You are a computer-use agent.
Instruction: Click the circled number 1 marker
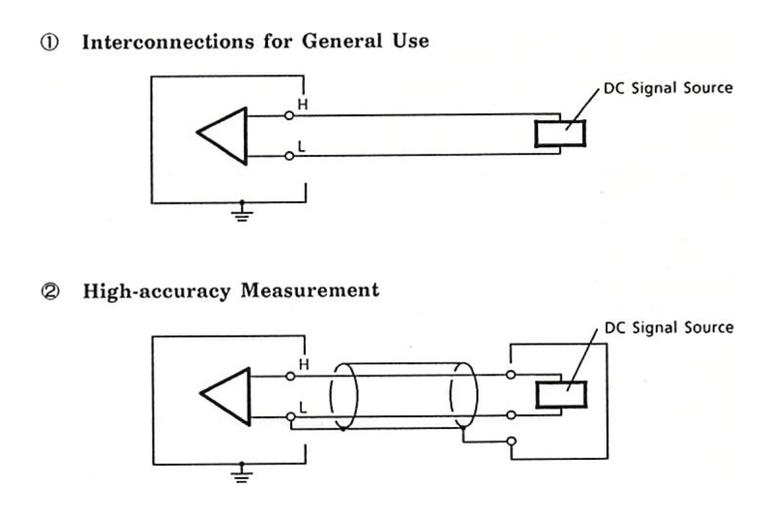click(x=49, y=42)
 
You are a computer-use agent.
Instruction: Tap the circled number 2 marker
click(x=50, y=291)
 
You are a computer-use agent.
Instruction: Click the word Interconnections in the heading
click(x=167, y=42)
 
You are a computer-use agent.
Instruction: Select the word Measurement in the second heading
click(x=310, y=289)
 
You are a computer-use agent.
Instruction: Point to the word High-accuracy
click(x=157, y=290)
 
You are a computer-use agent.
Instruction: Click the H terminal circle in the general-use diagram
click(x=289, y=115)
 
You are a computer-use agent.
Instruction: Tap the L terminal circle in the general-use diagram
click(x=289, y=156)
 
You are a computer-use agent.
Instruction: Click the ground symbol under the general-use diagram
click(x=242, y=211)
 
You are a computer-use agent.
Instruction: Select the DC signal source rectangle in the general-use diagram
click(x=560, y=134)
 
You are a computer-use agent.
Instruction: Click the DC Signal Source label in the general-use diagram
click(x=669, y=88)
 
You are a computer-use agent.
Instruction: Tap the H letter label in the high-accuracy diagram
click(x=304, y=364)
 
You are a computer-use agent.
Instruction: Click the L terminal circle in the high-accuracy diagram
click(x=291, y=417)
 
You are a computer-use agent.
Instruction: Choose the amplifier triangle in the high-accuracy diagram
click(x=225, y=396)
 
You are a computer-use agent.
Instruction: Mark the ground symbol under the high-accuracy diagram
click(x=241, y=472)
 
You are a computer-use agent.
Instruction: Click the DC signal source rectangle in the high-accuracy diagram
click(x=561, y=395)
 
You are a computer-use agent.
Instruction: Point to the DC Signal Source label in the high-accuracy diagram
click(x=669, y=327)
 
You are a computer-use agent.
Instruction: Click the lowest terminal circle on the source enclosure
click(x=512, y=440)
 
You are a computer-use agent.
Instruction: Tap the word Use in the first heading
click(x=411, y=41)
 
